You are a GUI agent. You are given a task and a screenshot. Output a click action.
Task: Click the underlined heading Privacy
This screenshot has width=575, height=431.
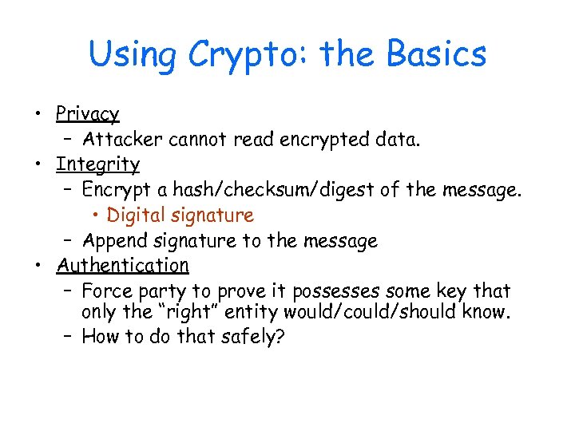[x=87, y=115]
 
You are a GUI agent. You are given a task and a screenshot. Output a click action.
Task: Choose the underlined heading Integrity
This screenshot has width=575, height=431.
[x=97, y=164]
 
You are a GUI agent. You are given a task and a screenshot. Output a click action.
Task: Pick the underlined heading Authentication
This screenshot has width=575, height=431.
[x=122, y=264]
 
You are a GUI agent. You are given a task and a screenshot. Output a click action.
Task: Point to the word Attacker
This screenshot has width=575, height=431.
[x=121, y=140]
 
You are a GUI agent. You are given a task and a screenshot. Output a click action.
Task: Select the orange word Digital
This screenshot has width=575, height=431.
[x=137, y=215]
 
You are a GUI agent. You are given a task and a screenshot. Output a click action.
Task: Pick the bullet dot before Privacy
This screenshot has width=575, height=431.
[x=38, y=115]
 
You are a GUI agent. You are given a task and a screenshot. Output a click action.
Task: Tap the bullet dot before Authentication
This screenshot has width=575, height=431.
[x=38, y=265]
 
